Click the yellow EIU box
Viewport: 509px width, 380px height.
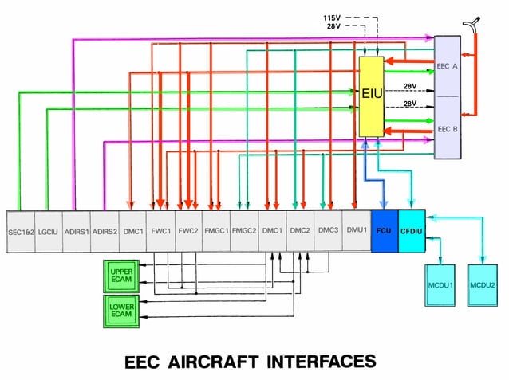(x=372, y=95)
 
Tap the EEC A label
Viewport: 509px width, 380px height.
(x=447, y=66)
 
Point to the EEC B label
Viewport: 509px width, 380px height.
(x=447, y=128)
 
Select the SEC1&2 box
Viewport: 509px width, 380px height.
(x=22, y=231)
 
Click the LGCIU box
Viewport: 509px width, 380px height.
(x=49, y=231)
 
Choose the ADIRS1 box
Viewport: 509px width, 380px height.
(x=77, y=231)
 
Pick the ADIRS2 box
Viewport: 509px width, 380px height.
(x=105, y=231)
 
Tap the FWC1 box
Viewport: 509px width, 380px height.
(x=160, y=231)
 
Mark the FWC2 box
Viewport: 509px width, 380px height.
(x=188, y=231)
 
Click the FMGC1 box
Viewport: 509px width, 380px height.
(x=216, y=231)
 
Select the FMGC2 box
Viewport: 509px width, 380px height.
(x=244, y=231)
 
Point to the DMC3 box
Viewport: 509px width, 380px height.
(x=328, y=231)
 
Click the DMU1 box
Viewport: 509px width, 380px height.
(x=356, y=231)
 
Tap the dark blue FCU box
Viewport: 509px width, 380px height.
(x=384, y=231)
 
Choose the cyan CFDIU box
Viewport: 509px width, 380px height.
(x=411, y=231)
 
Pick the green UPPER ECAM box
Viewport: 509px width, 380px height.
(x=121, y=276)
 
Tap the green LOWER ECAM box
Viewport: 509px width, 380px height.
(x=121, y=310)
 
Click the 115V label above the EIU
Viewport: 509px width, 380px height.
(x=332, y=17)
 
